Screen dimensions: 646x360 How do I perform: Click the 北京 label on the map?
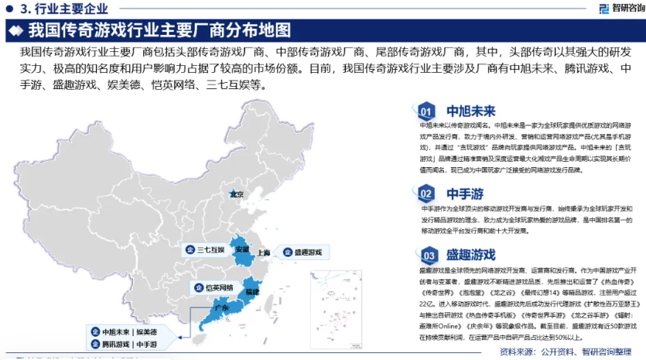pyautogui.click(x=237, y=194)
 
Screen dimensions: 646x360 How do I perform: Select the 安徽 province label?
pyautogui.click(x=242, y=249)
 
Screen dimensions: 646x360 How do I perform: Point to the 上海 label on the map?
pyautogui.click(x=263, y=252)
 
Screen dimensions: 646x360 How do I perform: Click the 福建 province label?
pyautogui.click(x=251, y=292)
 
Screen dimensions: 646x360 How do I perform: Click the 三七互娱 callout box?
pyautogui.click(x=205, y=250)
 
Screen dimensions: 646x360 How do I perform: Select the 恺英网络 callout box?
pyautogui.click(x=211, y=287)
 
